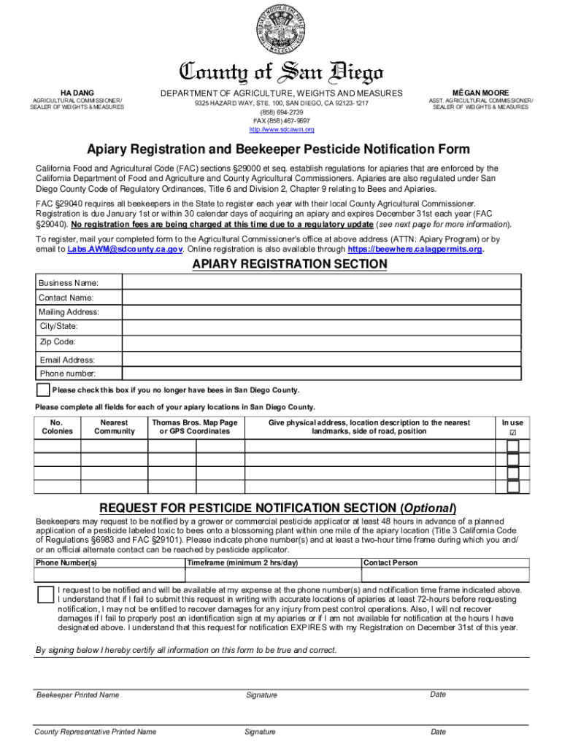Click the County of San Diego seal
point(281,34)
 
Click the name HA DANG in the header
point(77,93)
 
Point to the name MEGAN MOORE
point(480,93)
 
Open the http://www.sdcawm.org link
point(281,129)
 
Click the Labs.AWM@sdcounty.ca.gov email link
point(125,249)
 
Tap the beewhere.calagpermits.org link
point(415,249)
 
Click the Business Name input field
point(322,282)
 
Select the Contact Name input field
point(322,298)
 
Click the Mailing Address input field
point(322,312)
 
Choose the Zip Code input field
point(322,341)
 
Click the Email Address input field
point(322,360)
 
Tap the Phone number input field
point(322,373)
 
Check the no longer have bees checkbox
point(44,390)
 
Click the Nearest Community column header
point(115,427)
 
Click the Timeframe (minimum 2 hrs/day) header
point(242,563)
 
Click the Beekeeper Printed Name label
point(77,695)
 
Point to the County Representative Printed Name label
point(96,732)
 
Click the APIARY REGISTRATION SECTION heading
point(289,264)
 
